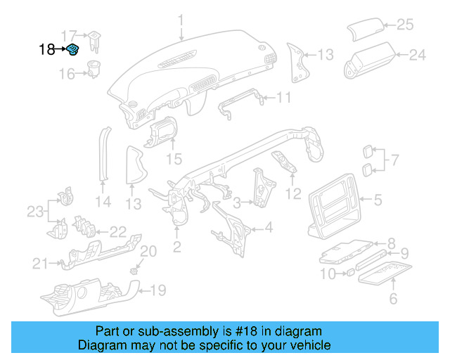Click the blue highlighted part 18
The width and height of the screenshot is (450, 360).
(73, 49)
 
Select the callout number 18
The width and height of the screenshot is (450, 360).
(46, 49)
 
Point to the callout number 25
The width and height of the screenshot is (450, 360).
(405, 25)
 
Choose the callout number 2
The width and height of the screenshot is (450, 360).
(176, 246)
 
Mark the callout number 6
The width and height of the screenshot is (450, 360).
(392, 299)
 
